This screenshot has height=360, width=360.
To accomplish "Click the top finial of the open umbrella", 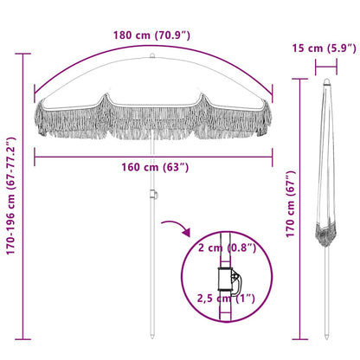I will coord(153,60).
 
